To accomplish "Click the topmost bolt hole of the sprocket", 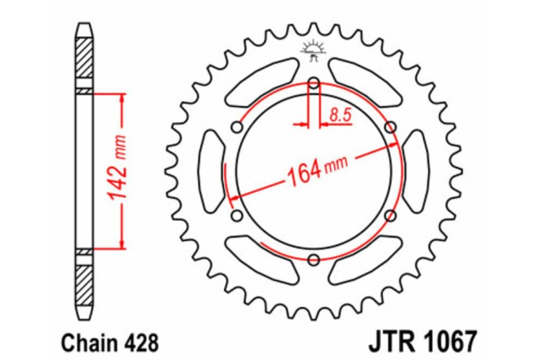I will coord(313,83).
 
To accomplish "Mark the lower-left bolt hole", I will coord(236,216).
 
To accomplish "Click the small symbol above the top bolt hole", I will coord(313,50).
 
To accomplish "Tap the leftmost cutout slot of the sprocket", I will coord(209,171).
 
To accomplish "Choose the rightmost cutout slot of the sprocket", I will coord(417,171).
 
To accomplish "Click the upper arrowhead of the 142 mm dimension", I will coord(120,97).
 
